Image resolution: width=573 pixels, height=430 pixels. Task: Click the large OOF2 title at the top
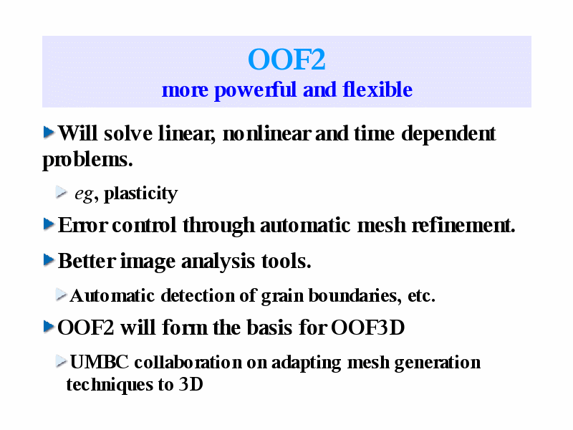(286, 59)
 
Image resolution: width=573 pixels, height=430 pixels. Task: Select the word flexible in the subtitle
(377, 90)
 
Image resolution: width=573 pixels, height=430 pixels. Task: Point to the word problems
(87, 160)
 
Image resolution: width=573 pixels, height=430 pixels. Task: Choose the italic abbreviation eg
(84, 194)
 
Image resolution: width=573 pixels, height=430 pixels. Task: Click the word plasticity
(140, 193)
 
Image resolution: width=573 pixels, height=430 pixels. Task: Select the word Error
(82, 225)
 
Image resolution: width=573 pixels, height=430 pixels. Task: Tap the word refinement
(463, 225)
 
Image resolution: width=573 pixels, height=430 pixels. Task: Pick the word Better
(87, 261)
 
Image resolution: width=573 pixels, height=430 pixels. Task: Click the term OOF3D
(367, 328)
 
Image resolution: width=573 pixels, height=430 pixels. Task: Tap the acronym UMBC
(99, 363)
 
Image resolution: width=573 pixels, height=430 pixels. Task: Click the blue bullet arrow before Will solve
(49, 132)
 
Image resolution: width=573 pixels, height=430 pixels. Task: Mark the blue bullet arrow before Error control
(49, 224)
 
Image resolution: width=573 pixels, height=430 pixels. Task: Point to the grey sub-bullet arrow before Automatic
(62, 295)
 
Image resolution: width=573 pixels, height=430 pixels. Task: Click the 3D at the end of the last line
(191, 384)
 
